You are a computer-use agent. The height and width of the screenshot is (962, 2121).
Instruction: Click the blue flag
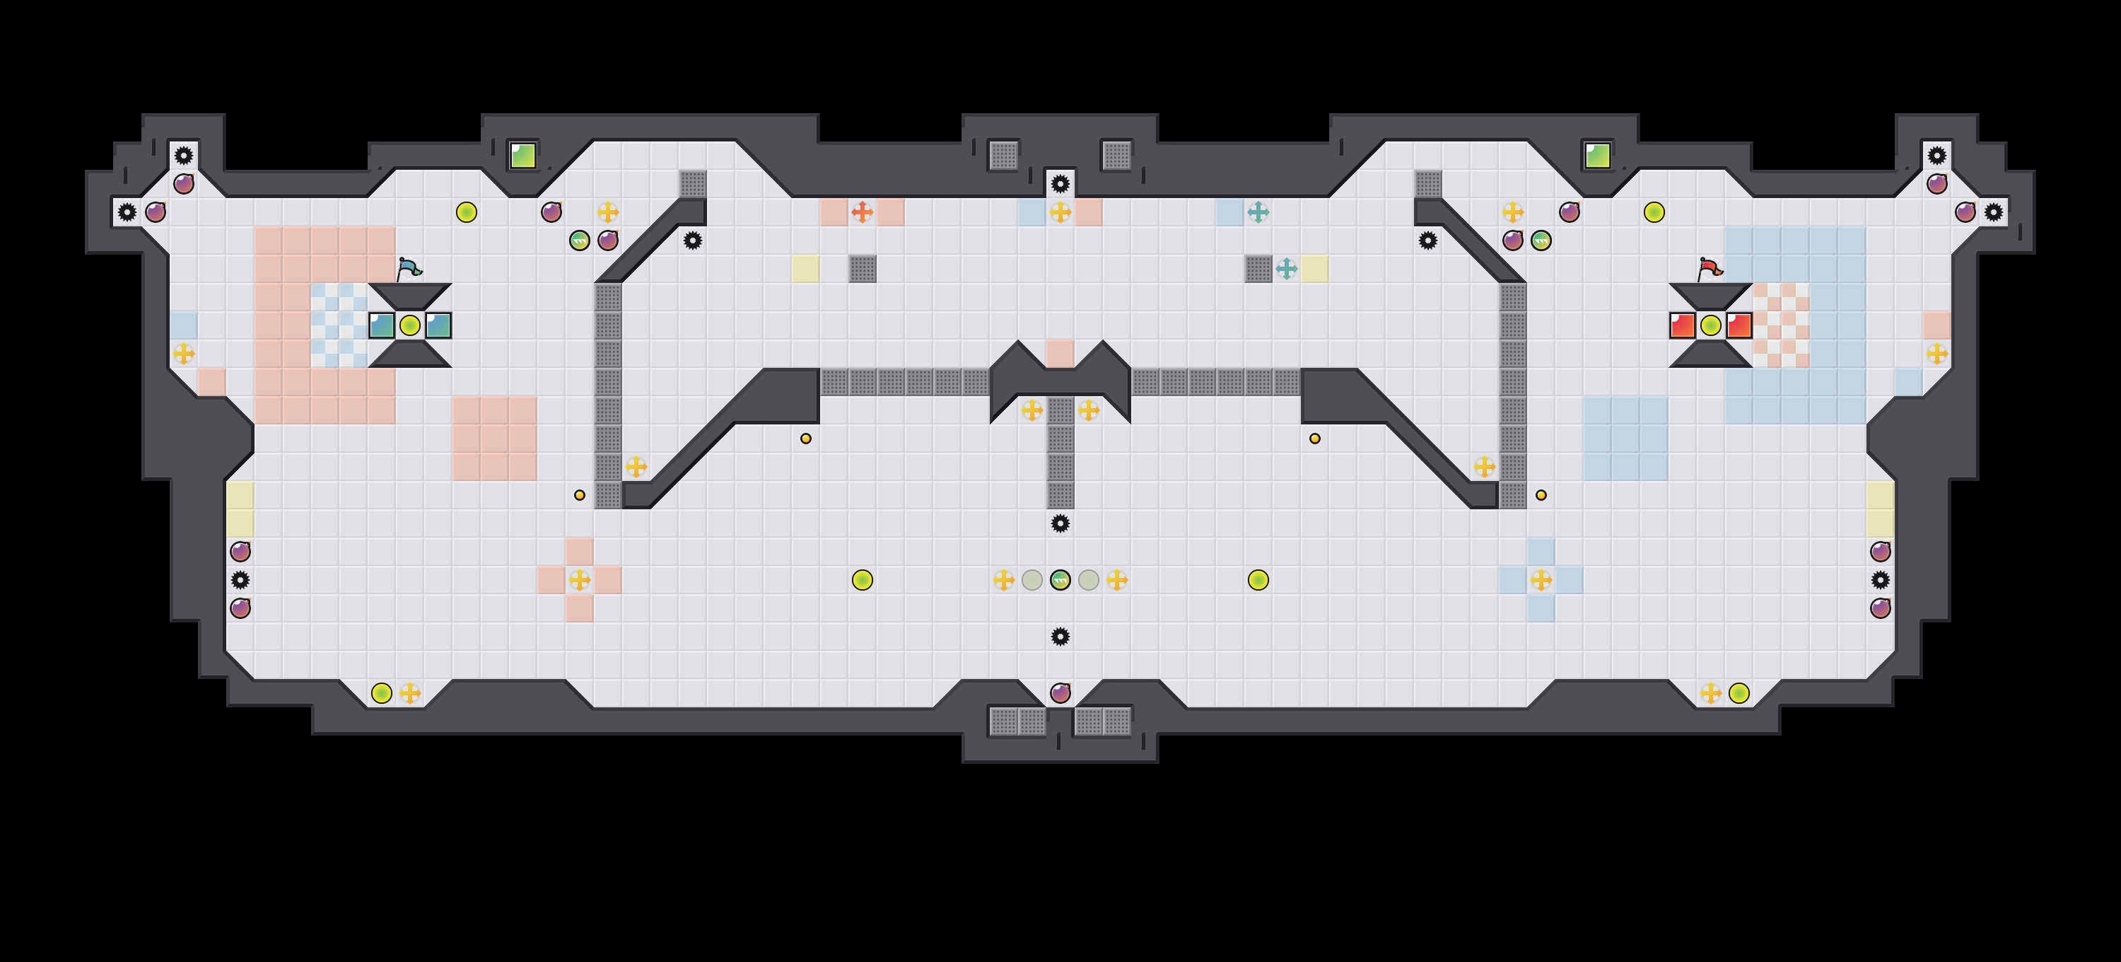click(409, 269)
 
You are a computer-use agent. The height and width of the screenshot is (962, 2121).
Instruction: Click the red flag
click(1710, 269)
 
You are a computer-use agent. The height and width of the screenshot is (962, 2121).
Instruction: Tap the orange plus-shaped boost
click(862, 211)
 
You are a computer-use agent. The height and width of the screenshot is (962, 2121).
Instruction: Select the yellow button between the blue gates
click(409, 325)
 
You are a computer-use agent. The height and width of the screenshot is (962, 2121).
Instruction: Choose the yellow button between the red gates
click(1710, 325)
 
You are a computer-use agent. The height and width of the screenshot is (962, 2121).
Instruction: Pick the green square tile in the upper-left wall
click(523, 155)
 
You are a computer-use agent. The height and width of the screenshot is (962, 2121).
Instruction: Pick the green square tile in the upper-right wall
click(1597, 155)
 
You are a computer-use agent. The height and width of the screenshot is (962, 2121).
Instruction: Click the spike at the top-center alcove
click(1060, 182)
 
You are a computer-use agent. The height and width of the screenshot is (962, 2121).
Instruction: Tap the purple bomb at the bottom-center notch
click(1060, 692)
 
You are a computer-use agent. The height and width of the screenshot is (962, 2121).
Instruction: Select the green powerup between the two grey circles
click(1060, 580)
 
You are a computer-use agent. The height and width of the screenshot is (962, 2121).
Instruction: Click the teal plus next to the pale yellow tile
click(1286, 269)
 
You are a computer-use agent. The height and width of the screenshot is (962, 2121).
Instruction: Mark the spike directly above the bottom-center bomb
click(1060, 636)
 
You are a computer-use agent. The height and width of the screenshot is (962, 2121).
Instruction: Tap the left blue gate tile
click(381, 325)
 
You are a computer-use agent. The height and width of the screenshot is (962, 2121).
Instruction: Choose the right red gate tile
click(1738, 325)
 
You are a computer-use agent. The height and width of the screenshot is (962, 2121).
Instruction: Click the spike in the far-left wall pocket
click(127, 211)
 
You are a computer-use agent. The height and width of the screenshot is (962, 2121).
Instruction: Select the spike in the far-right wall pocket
click(1993, 211)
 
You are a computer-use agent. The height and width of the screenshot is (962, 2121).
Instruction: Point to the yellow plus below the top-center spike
click(1060, 211)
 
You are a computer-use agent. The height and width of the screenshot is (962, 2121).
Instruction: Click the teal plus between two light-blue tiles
click(1258, 211)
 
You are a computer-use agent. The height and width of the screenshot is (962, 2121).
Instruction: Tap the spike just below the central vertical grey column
click(1060, 523)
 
